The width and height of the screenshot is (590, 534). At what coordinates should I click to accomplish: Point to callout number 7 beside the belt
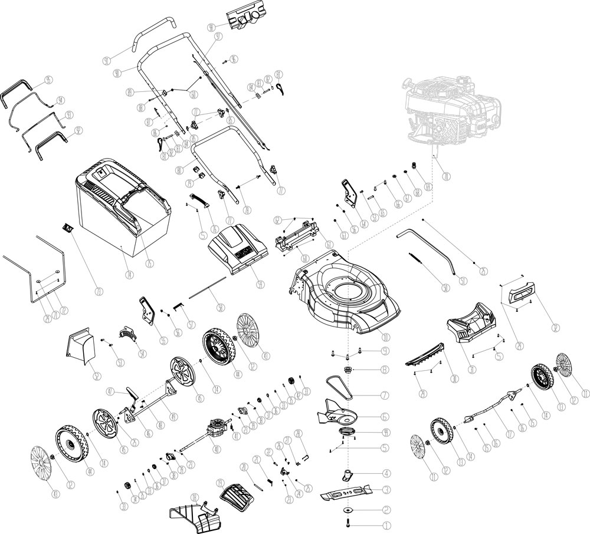click(x=384, y=395)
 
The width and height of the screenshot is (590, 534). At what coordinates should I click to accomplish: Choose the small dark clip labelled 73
click(x=67, y=228)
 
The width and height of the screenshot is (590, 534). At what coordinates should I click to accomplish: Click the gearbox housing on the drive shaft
click(x=217, y=425)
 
